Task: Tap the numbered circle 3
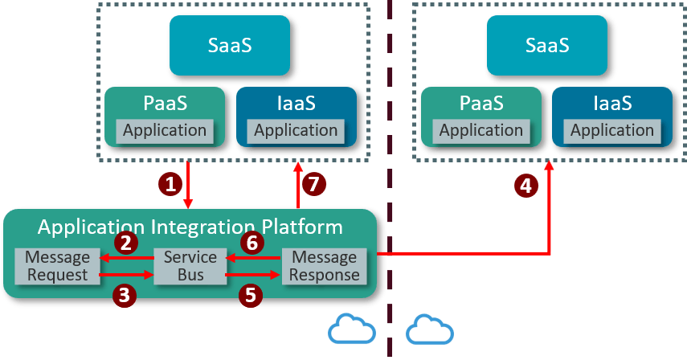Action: point(124,295)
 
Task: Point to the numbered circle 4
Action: point(525,187)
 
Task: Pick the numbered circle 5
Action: point(251,295)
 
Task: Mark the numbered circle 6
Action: point(251,242)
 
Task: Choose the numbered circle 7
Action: point(314,184)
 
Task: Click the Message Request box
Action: point(57,266)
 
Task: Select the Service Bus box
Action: point(190,266)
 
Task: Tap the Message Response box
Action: point(324,266)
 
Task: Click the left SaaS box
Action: point(230,45)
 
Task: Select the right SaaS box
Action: point(547,45)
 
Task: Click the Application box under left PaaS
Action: point(164,130)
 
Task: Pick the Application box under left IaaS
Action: point(296,130)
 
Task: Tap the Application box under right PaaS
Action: point(481,130)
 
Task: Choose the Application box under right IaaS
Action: point(612,130)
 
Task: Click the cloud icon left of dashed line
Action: point(352,330)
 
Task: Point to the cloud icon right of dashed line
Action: point(429,330)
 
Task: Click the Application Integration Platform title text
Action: point(190,227)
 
